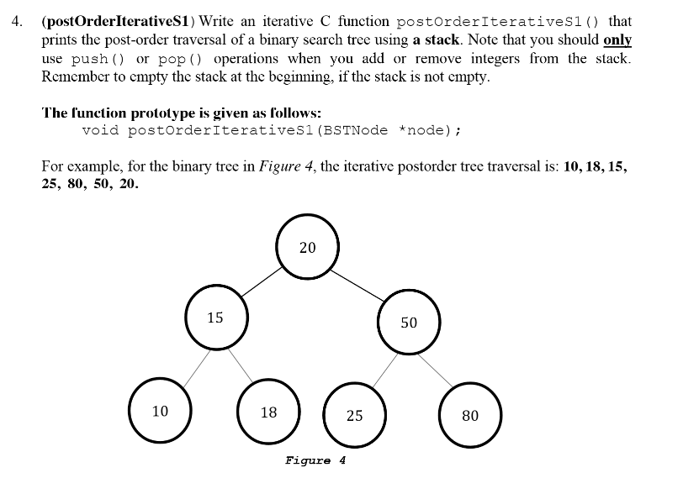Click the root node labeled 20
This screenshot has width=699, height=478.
tap(307, 248)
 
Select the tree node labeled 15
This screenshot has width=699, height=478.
tap(215, 318)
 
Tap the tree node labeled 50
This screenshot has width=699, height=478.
tap(409, 323)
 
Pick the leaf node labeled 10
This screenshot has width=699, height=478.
tap(160, 411)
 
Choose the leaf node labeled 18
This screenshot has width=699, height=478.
tap(268, 412)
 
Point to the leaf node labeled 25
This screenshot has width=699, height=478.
tap(355, 415)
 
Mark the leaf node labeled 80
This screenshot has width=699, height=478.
tap(470, 415)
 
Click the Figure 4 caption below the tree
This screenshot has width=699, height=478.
tap(315, 460)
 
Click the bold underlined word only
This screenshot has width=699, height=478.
tap(617, 40)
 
